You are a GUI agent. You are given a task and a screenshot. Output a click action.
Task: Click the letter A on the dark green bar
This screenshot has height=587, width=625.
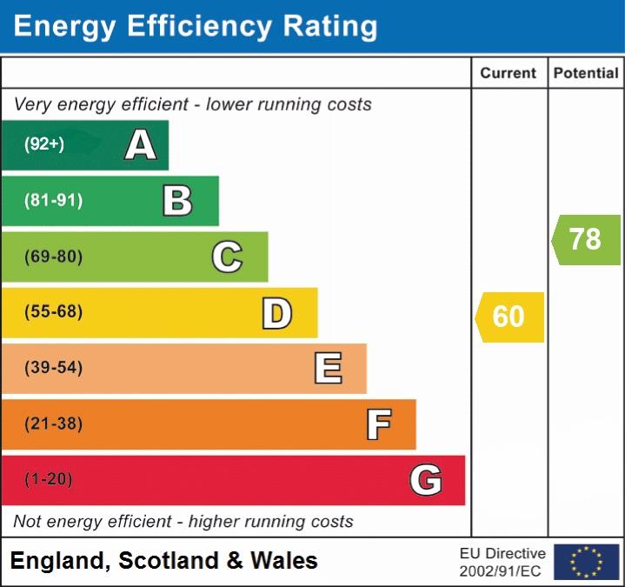(141, 145)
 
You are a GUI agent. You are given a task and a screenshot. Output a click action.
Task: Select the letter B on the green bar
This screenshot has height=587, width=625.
(177, 201)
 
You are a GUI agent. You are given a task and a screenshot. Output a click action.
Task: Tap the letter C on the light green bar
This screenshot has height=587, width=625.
(227, 257)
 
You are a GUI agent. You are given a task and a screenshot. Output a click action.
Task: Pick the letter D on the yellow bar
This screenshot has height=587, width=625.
(276, 313)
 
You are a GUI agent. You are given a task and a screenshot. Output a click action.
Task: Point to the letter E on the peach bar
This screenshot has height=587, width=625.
(327, 369)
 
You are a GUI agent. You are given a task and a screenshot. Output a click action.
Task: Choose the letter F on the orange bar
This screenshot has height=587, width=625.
(377, 424)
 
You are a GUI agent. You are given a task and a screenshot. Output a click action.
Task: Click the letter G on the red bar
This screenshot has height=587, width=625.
(426, 480)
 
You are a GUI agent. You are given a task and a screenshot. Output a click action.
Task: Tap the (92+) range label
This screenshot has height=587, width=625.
(44, 145)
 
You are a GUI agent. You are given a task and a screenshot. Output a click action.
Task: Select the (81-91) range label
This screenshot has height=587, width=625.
(54, 201)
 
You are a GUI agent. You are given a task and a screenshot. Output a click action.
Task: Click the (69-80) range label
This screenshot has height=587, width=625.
(54, 257)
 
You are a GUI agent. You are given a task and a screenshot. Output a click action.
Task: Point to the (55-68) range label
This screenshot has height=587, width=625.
(54, 312)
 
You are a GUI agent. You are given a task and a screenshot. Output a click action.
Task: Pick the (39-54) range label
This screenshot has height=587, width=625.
(54, 368)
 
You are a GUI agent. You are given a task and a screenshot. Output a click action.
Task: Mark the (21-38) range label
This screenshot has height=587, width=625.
(54, 424)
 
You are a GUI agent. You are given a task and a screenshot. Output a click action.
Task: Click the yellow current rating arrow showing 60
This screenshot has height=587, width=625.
(510, 317)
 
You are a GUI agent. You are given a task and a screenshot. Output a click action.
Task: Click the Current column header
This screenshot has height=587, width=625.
(509, 74)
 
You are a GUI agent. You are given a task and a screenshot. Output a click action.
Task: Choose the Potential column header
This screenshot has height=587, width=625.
(586, 74)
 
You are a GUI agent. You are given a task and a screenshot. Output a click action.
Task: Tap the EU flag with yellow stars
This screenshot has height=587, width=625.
(586, 562)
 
